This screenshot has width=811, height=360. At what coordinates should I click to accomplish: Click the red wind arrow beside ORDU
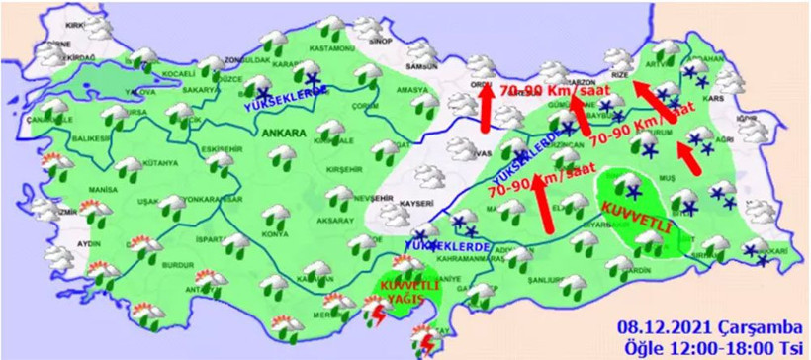click(x=486, y=112)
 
